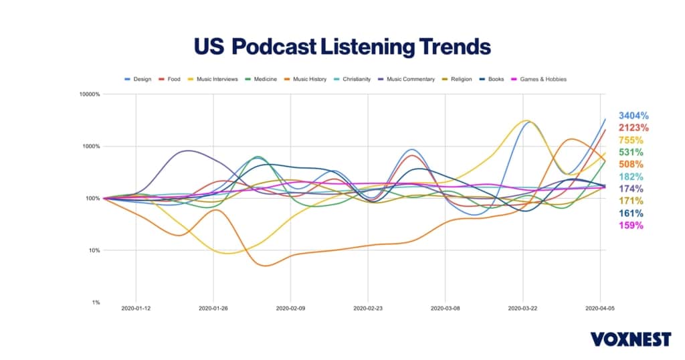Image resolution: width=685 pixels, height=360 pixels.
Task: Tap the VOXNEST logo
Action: pyautogui.click(x=630, y=339)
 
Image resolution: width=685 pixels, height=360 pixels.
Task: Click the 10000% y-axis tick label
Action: pyautogui.click(x=89, y=94)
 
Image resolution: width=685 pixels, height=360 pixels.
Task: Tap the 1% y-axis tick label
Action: pyautogui.click(x=94, y=302)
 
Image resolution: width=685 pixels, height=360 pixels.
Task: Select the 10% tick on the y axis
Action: pyautogui.click(x=92, y=250)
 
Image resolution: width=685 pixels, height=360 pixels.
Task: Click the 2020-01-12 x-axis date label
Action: pyautogui.click(x=136, y=308)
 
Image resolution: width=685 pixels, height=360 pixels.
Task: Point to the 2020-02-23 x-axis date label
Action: pyautogui.click(x=368, y=308)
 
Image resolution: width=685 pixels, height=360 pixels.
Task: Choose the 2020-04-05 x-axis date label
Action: pyautogui.click(x=600, y=308)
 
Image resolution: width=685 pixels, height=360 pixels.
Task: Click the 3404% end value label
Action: pyautogui.click(x=633, y=116)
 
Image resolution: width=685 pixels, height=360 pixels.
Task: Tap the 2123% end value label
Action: pyautogui.click(x=633, y=128)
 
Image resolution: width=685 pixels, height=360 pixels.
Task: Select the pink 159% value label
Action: pyautogui.click(x=630, y=226)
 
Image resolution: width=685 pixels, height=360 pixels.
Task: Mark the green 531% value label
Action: pyautogui.click(x=630, y=152)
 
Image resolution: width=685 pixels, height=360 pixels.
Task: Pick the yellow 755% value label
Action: pyautogui.click(x=630, y=140)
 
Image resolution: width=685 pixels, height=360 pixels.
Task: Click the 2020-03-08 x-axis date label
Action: pyautogui.click(x=446, y=308)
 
